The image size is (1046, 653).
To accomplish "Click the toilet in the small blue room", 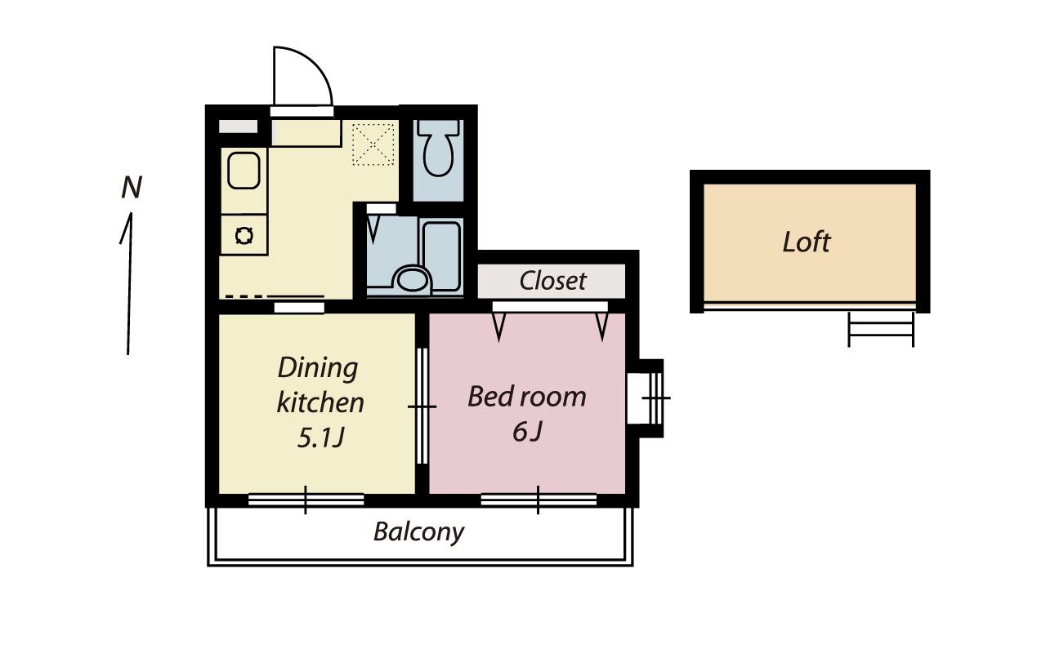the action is point(438,148).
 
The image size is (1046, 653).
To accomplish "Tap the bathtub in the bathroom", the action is point(441,256).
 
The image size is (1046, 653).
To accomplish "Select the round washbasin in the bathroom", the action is point(412,279).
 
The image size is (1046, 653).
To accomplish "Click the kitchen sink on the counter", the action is point(244,171).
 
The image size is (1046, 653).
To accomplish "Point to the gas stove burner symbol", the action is point(244,236).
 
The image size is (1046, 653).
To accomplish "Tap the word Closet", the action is point(552,281).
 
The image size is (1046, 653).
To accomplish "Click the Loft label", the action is point(807,242).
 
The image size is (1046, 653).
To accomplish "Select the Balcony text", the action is point(419,532).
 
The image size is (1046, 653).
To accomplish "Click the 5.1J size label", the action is point(321,438).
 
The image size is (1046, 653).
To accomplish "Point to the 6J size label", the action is point(527,432).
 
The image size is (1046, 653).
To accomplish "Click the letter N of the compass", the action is point(132,188).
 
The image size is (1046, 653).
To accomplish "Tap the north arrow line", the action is point(128,283).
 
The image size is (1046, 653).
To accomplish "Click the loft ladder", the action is point(881,329).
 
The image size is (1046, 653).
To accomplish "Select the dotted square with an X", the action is point(373,144).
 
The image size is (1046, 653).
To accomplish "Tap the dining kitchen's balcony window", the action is point(306,500).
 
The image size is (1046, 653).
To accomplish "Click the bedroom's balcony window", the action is point(539,500).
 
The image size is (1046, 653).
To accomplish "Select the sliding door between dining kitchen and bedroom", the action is point(422,406).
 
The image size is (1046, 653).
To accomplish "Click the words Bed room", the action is point(527,397).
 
